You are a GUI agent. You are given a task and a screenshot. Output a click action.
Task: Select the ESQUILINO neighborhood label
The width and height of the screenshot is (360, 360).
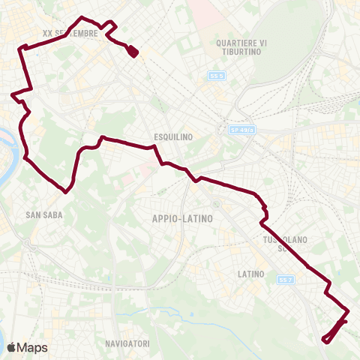click(173, 136)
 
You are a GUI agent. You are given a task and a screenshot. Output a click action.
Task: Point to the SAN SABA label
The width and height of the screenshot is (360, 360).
click(43, 214)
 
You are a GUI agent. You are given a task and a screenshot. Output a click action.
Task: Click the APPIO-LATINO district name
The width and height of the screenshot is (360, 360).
click(181, 218)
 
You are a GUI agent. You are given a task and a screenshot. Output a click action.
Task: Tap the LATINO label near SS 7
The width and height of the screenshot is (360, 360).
click(250, 274)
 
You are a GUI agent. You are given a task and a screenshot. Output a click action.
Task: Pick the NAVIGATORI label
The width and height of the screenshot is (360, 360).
click(127, 343)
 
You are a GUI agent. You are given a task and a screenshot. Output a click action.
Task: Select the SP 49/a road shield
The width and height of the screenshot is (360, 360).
click(242, 130)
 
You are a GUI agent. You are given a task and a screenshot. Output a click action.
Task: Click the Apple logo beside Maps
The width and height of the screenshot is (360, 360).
click(10, 347)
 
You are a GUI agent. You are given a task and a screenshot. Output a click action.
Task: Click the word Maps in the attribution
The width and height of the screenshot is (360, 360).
click(32, 347)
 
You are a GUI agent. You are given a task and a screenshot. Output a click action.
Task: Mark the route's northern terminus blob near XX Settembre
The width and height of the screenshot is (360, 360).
click(133, 51)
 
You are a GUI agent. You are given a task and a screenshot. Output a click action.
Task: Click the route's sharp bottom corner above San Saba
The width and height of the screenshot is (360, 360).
click(67, 191)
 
